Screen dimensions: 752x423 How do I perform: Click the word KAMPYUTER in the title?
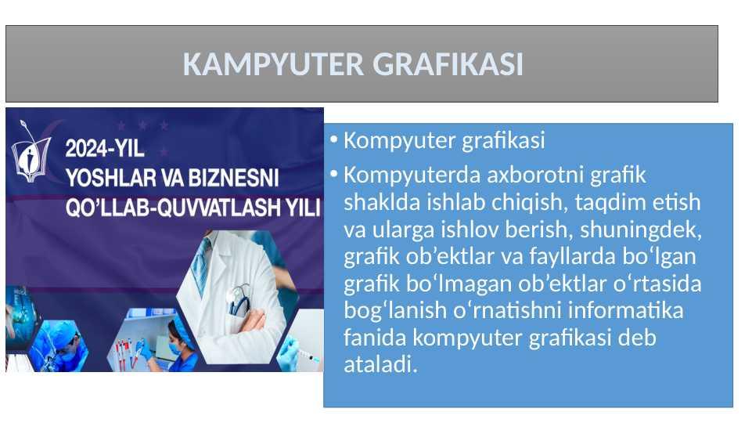pos(273,64)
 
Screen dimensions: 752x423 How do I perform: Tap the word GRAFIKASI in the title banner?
pos(448,64)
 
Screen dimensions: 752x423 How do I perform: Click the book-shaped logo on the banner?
pos(31,154)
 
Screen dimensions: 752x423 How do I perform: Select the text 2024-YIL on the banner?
pos(105,148)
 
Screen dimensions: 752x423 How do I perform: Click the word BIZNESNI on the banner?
pos(233,178)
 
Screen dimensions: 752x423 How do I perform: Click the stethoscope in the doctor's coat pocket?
pos(239,300)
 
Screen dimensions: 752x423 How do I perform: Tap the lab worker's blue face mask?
pos(175,348)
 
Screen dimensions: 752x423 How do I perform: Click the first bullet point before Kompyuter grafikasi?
pos(334,139)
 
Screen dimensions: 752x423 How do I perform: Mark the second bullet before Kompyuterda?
pos(334,174)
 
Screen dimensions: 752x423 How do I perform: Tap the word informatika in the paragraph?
pos(625,310)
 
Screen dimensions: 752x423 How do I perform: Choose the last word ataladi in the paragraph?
pos(380,364)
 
